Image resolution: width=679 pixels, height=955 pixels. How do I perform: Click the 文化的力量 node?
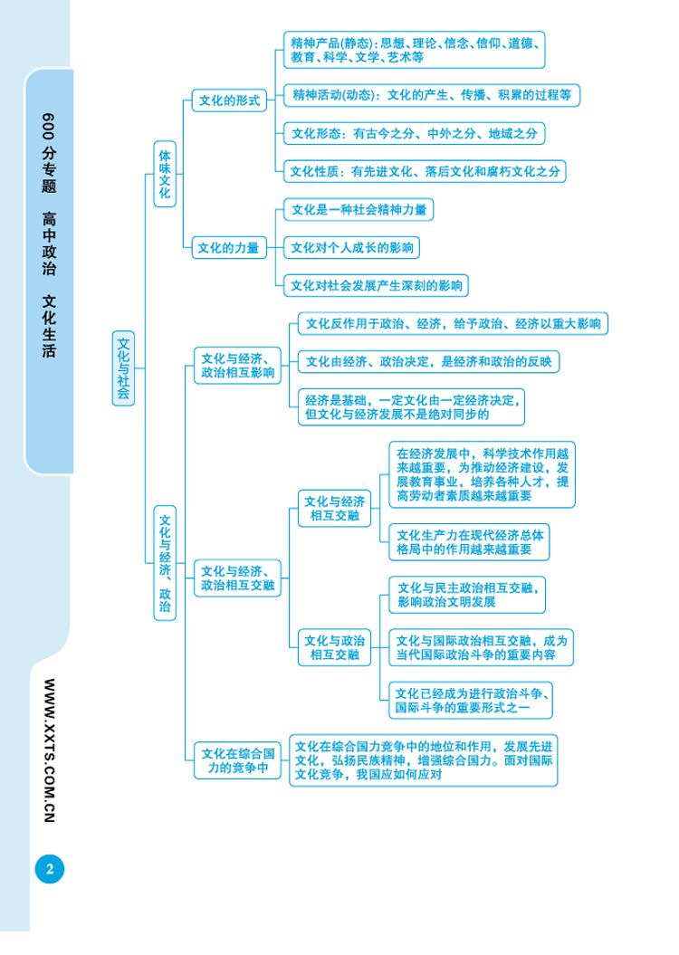229,246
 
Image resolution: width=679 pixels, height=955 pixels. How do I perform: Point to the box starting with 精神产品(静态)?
414,50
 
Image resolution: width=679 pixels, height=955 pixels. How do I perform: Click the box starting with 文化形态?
414,133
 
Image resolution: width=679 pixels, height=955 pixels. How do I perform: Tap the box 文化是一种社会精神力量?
359,209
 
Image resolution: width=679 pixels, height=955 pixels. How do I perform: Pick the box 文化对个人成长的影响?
351,246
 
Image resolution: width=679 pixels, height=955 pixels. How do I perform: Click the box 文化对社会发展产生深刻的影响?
376,286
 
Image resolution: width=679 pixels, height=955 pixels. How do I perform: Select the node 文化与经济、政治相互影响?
238,364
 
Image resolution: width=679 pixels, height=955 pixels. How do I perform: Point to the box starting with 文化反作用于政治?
453,323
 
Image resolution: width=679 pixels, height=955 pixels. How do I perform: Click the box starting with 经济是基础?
412,408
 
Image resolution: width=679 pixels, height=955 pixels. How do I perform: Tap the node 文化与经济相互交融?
335,509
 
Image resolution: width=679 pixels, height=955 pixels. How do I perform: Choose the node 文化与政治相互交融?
335,645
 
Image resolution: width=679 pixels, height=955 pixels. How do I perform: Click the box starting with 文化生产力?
470,541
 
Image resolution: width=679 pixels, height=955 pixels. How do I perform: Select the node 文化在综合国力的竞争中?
238,760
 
